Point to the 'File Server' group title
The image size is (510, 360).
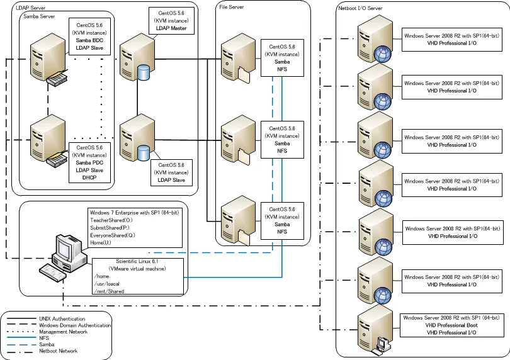pos(232,6)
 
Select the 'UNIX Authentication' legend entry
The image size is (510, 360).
pos(62,319)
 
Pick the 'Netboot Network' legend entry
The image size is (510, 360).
pos(58,351)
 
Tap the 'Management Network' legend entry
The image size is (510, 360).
pos(63,332)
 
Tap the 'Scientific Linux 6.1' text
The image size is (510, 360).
pos(139,261)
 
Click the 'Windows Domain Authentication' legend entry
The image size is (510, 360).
pos(75,325)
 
